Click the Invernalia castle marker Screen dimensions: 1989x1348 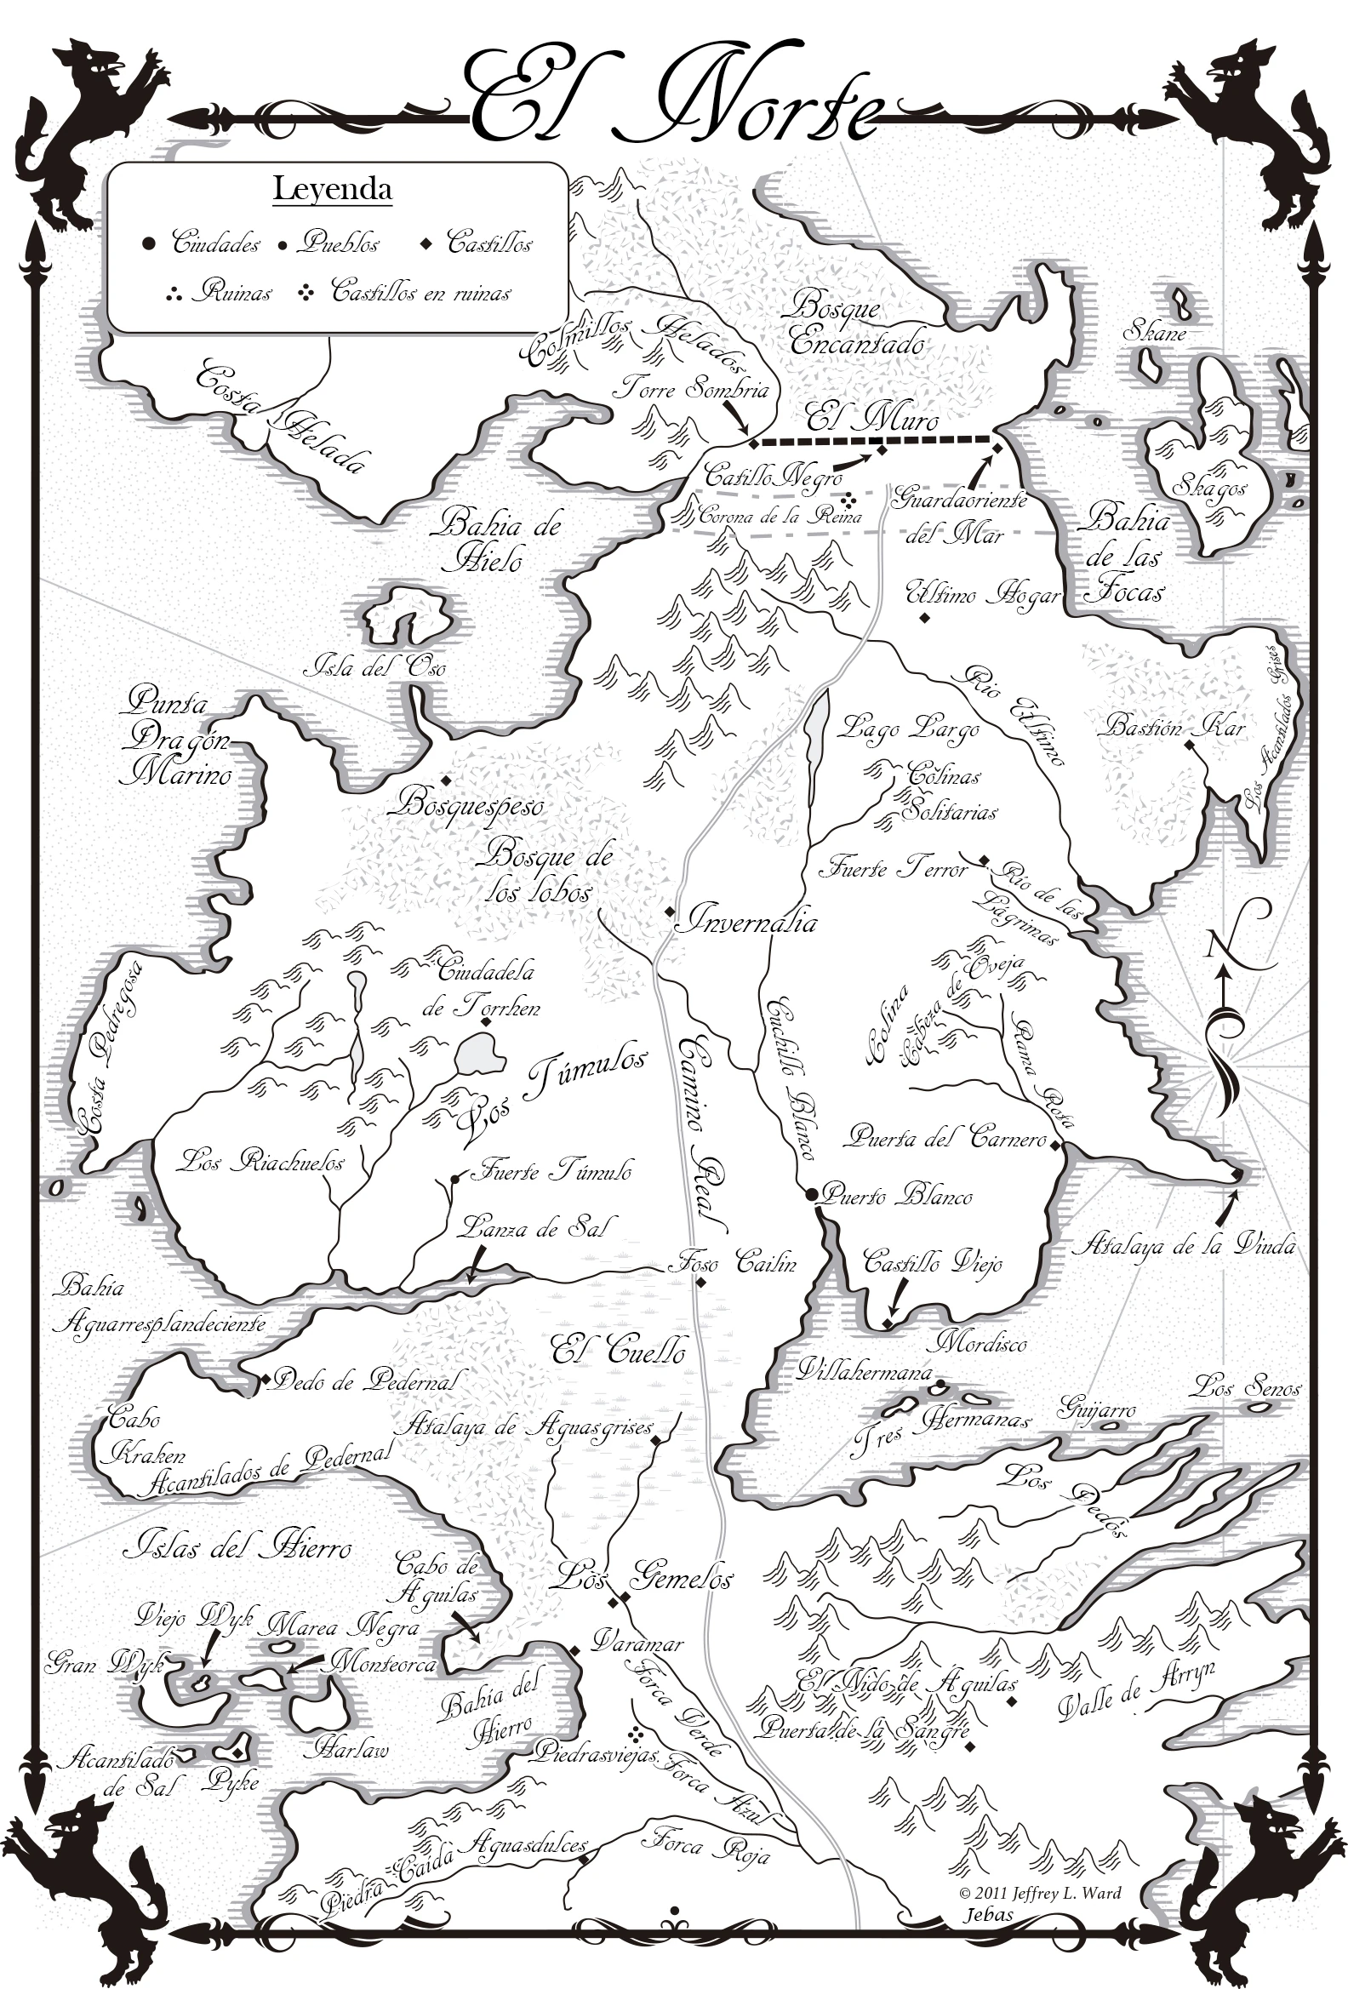pyautogui.click(x=670, y=912)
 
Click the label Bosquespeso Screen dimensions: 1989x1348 pyautogui.click(x=471, y=804)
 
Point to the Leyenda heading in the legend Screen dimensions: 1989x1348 pyautogui.click(x=332, y=189)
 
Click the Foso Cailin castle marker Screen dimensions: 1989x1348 pyautogui.click(x=700, y=1282)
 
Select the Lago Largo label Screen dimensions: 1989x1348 pyautogui.click(x=907, y=729)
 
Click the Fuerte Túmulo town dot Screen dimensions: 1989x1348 pyautogui.click(x=454, y=1180)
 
